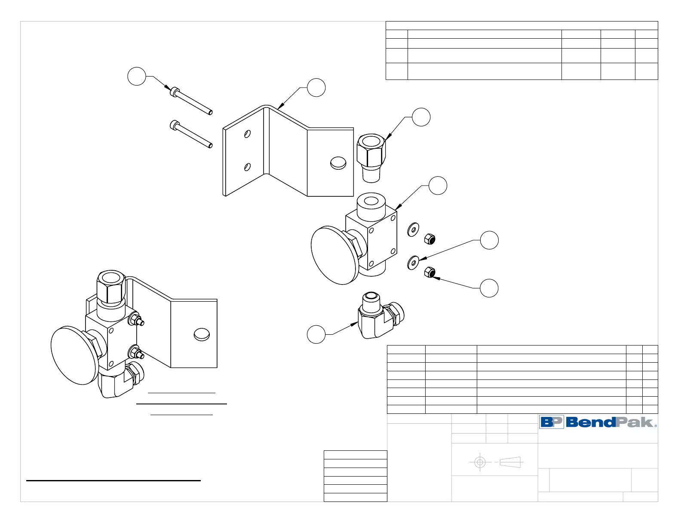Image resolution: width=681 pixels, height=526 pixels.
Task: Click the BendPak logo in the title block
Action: [x=598, y=422]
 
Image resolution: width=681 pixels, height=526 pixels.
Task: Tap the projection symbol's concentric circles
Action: [x=480, y=462]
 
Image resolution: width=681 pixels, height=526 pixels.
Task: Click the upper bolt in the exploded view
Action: [x=191, y=101]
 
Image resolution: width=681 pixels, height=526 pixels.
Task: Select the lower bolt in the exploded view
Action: [x=191, y=134]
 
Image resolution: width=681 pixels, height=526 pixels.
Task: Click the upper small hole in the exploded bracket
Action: [x=248, y=134]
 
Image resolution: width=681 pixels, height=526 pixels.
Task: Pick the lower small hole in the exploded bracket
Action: [x=248, y=167]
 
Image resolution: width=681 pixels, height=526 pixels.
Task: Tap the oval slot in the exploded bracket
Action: [x=338, y=163]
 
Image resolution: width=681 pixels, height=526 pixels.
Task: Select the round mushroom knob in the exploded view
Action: [x=334, y=255]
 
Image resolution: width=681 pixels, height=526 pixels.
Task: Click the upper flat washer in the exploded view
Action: [x=414, y=229]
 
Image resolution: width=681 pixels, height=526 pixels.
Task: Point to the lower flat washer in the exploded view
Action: [x=414, y=262]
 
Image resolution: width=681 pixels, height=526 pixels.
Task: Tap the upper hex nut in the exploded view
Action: [x=429, y=239]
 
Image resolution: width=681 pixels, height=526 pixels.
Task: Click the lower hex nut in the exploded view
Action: [x=429, y=272]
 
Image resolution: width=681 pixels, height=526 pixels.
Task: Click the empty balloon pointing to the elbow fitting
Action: [x=316, y=334]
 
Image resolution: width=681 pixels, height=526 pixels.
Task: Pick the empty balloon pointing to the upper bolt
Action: [x=137, y=76]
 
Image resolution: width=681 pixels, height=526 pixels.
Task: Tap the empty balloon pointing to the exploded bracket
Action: [x=316, y=88]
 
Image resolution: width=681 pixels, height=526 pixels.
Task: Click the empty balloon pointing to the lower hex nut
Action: [x=489, y=288]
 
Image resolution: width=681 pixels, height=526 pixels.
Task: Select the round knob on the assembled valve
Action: [x=75, y=355]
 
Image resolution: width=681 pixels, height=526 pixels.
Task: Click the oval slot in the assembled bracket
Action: [x=202, y=334]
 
